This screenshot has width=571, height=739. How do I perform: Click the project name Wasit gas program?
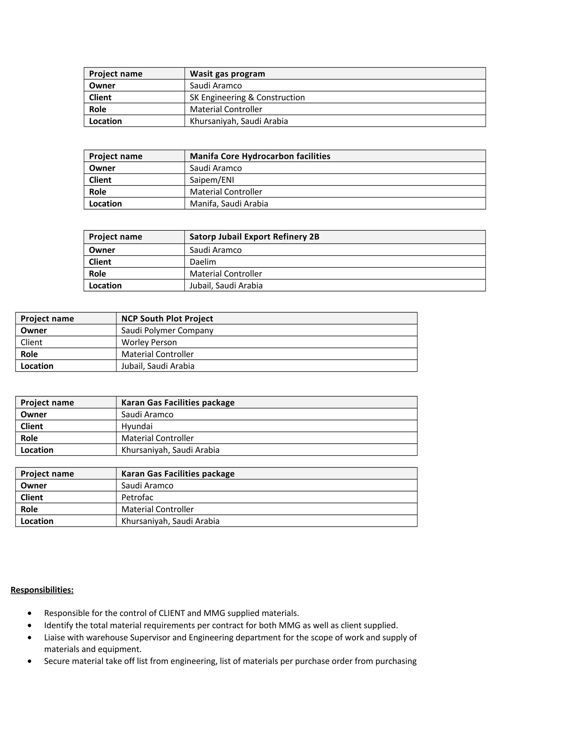(x=227, y=74)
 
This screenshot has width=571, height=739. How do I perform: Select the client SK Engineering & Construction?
(x=247, y=97)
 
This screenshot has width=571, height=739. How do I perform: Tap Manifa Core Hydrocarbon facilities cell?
(x=260, y=156)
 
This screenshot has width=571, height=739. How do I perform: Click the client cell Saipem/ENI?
(x=212, y=180)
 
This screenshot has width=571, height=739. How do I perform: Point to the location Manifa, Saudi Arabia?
(x=229, y=204)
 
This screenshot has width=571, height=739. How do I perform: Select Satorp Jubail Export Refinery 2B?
(x=254, y=237)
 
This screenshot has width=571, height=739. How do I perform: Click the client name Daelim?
(x=203, y=262)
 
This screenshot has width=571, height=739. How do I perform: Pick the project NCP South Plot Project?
(x=167, y=319)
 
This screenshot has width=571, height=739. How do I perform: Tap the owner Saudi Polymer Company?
(x=167, y=330)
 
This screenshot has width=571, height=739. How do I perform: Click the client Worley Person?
(x=149, y=342)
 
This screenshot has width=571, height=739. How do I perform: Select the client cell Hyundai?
(x=137, y=426)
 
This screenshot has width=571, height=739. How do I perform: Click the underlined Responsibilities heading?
(x=42, y=590)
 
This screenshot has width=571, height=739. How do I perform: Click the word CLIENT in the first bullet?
(x=171, y=613)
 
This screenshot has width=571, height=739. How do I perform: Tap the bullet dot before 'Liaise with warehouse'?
(x=30, y=637)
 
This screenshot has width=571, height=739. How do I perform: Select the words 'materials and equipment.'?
(x=93, y=649)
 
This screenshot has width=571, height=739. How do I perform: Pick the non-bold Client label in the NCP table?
(x=32, y=342)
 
